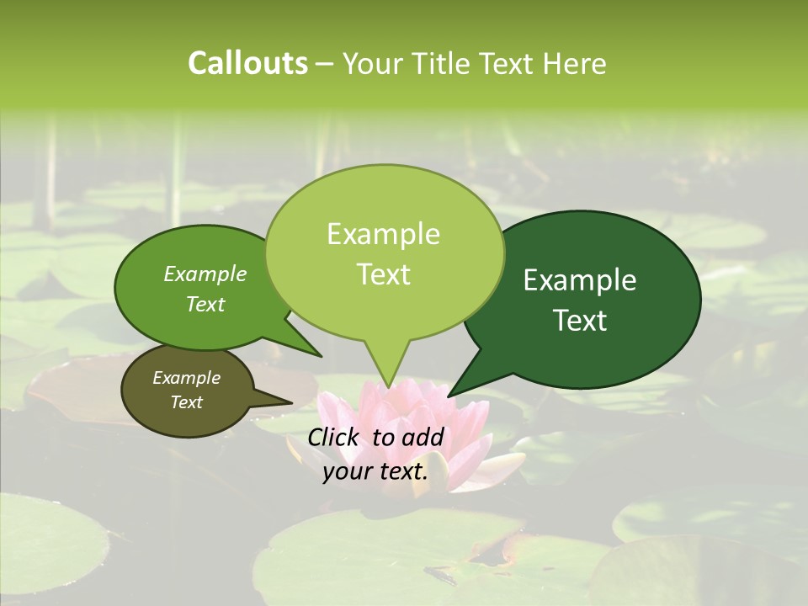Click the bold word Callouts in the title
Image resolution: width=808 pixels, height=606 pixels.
247,63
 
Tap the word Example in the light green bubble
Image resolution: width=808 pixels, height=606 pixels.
383,234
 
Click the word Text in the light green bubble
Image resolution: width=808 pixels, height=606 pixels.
383,274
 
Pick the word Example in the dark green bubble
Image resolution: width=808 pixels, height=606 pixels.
580,280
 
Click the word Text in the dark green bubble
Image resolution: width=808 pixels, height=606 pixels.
580,320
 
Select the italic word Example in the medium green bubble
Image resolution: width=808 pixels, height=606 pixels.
205,274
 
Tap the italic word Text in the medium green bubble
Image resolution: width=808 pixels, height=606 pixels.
205,304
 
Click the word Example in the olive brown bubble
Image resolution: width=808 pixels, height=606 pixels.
186,378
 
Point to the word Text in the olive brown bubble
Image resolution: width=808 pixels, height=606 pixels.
186,402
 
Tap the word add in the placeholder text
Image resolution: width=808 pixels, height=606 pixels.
423,437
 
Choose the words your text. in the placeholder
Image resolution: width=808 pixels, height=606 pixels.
375,471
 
